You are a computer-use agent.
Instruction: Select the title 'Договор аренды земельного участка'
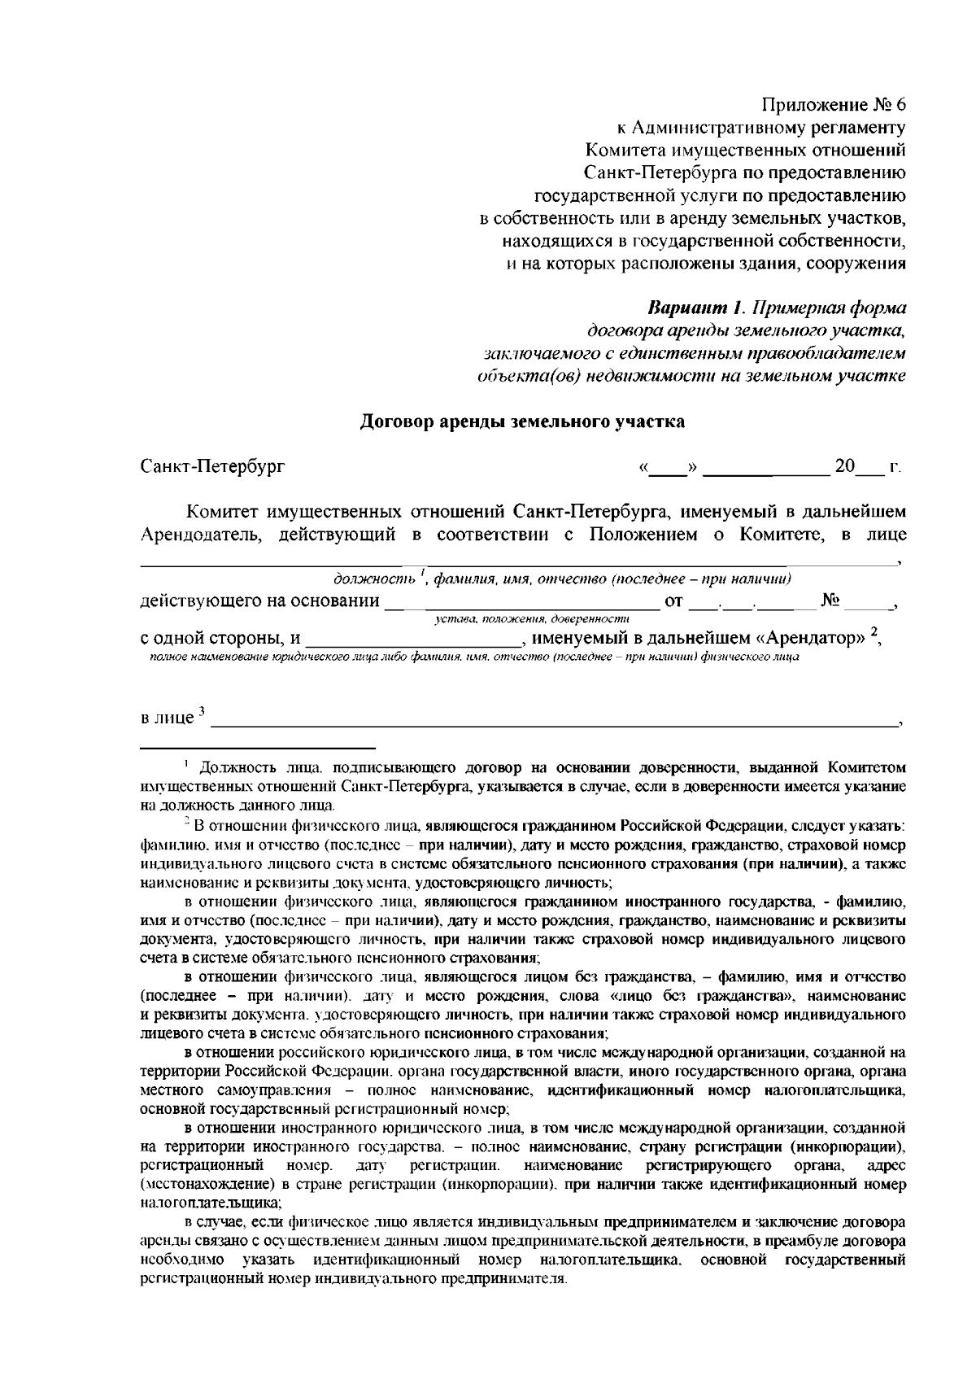click(x=522, y=421)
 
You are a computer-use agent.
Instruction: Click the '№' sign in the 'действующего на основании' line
click(x=830, y=601)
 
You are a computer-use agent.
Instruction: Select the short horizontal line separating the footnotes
click(x=258, y=745)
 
